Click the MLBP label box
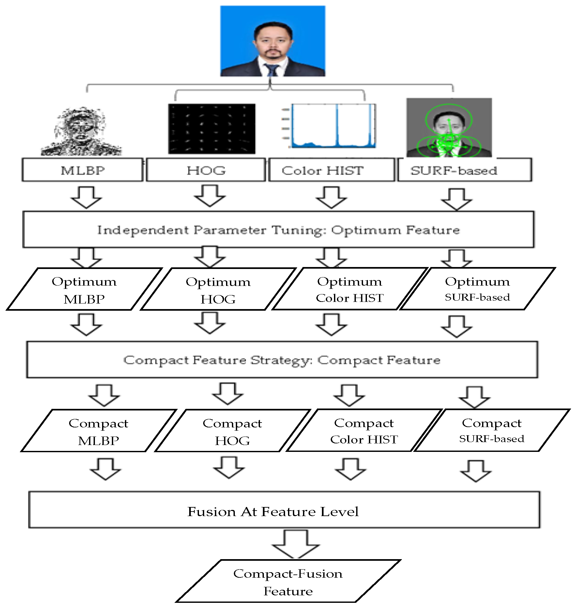82,170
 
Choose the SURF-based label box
464,170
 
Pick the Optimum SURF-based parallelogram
477,289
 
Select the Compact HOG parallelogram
232,431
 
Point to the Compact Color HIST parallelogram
364,430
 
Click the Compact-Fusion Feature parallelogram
288,582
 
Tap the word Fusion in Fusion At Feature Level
211,512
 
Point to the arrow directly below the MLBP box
86,198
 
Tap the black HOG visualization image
212,128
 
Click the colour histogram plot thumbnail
333,126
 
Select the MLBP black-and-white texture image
81,132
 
